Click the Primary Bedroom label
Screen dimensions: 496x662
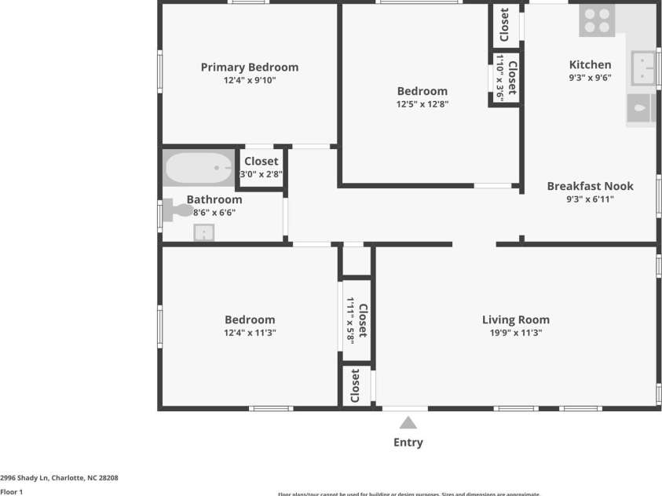click(x=250, y=67)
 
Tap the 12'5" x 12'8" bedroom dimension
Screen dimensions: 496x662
click(x=422, y=104)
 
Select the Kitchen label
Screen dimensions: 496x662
click(x=590, y=65)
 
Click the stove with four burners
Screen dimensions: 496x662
click(x=596, y=21)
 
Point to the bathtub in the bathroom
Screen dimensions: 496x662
click(x=198, y=168)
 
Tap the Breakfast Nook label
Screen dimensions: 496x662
click(x=590, y=187)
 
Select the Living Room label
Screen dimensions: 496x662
click(x=515, y=320)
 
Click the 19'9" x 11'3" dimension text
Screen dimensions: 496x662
click(x=515, y=333)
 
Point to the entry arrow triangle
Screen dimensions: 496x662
click(x=408, y=423)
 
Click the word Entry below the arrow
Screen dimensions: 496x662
click(x=408, y=443)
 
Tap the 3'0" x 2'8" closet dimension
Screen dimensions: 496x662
click(x=262, y=174)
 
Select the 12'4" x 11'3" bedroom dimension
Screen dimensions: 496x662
click(x=250, y=333)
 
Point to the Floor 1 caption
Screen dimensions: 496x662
click(x=12, y=492)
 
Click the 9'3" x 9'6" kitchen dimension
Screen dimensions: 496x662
click(x=590, y=78)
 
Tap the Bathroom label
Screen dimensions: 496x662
click(x=214, y=200)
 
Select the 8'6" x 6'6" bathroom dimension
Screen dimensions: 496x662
click(x=214, y=212)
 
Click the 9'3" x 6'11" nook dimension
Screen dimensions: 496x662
click(x=590, y=199)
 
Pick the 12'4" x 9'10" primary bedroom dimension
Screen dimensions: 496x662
click(x=250, y=80)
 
